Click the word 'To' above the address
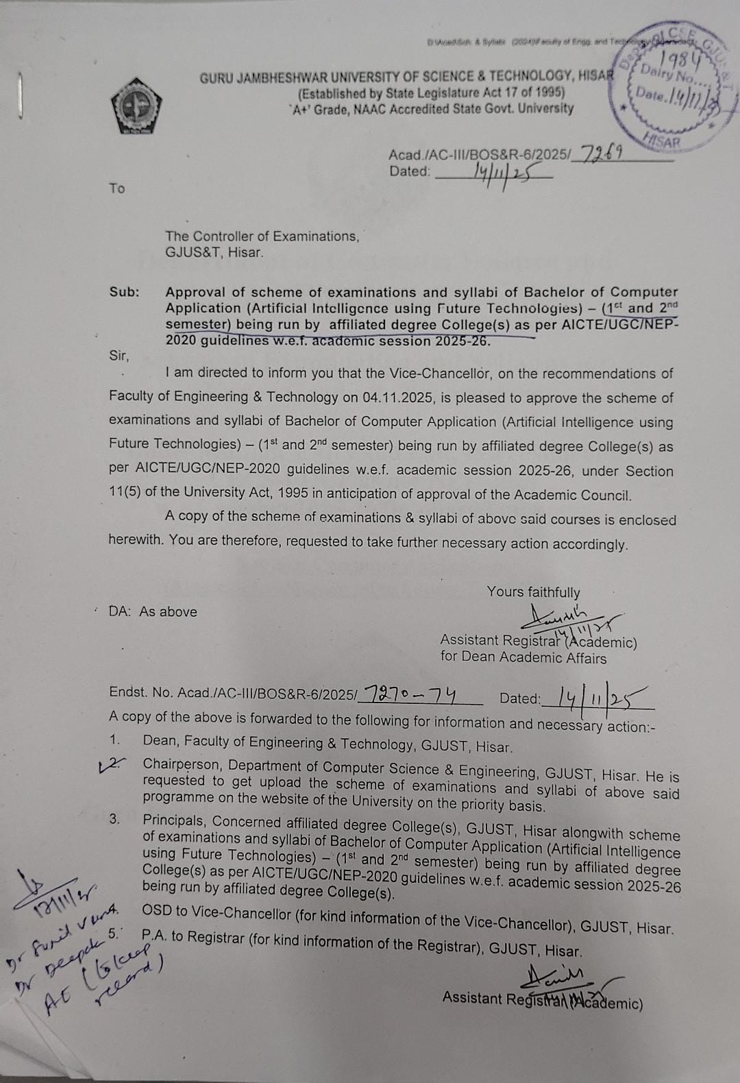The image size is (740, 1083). (116, 188)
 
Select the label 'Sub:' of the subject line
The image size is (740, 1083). (124, 292)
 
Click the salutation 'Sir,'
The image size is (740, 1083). (119, 355)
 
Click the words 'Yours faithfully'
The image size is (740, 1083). (533, 592)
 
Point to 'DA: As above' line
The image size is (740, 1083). (153, 612)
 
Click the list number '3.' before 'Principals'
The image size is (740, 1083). (114, 820)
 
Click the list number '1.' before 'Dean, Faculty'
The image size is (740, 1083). (114, 740)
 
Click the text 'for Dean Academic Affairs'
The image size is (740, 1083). (523, 659)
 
